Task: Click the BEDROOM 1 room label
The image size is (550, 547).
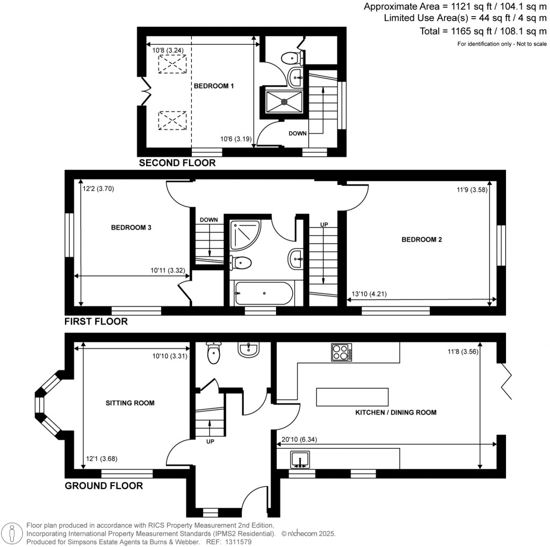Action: click(x=213, y=86)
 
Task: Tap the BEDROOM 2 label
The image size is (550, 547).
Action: click(x=422, y=240)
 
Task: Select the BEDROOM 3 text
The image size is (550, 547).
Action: click(x=131, y=227)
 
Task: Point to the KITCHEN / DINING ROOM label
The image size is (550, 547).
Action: click(x=396, y=413)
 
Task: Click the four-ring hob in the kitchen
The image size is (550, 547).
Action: click(x=342, y=352)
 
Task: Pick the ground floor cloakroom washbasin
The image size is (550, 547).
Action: click(x=249, y=350)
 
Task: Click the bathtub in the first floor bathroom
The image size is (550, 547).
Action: click(x=263, y=293)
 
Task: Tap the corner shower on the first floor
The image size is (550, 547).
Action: click(x=244, y=234)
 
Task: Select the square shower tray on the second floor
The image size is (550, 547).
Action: click(x=283, y=100)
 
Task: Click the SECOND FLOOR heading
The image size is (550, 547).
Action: click(x=177, y=163)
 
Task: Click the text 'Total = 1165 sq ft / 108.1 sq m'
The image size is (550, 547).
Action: click(x=483, y=31)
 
